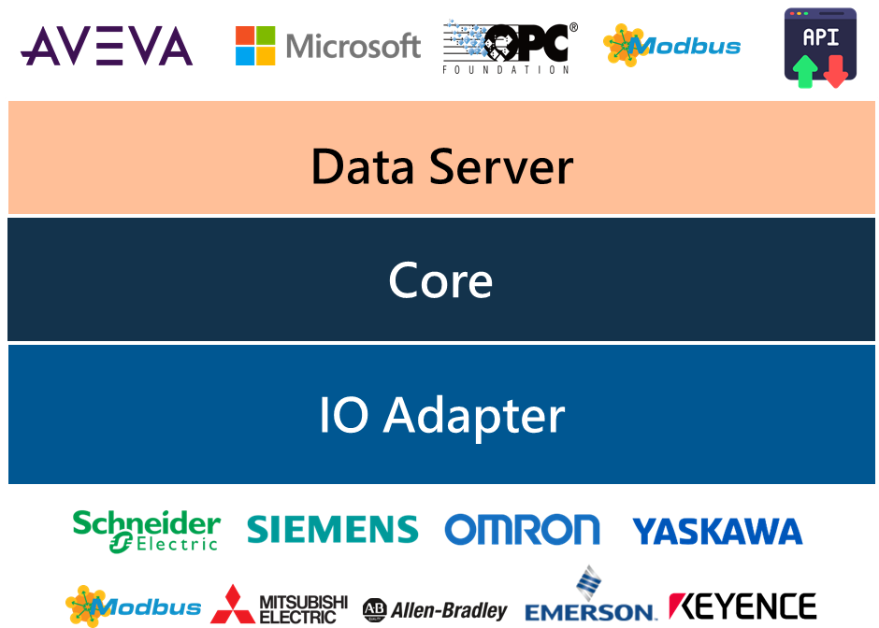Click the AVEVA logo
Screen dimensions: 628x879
coord(107,46)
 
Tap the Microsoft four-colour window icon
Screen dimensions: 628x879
coord(255,46)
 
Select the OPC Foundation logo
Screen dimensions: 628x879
coord(510,46)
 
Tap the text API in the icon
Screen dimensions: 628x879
coord(820,37)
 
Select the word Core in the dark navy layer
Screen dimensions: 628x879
coord(440,280)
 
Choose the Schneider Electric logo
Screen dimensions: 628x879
coord(147,531)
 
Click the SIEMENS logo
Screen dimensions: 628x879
coord(332,530)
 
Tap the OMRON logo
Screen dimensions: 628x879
coord(522,530)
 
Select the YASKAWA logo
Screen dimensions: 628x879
coord(717,532)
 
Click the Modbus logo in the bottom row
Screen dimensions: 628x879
coord(133,606)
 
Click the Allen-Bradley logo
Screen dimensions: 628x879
coord(435,610)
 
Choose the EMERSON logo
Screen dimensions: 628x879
coord(590,598)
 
